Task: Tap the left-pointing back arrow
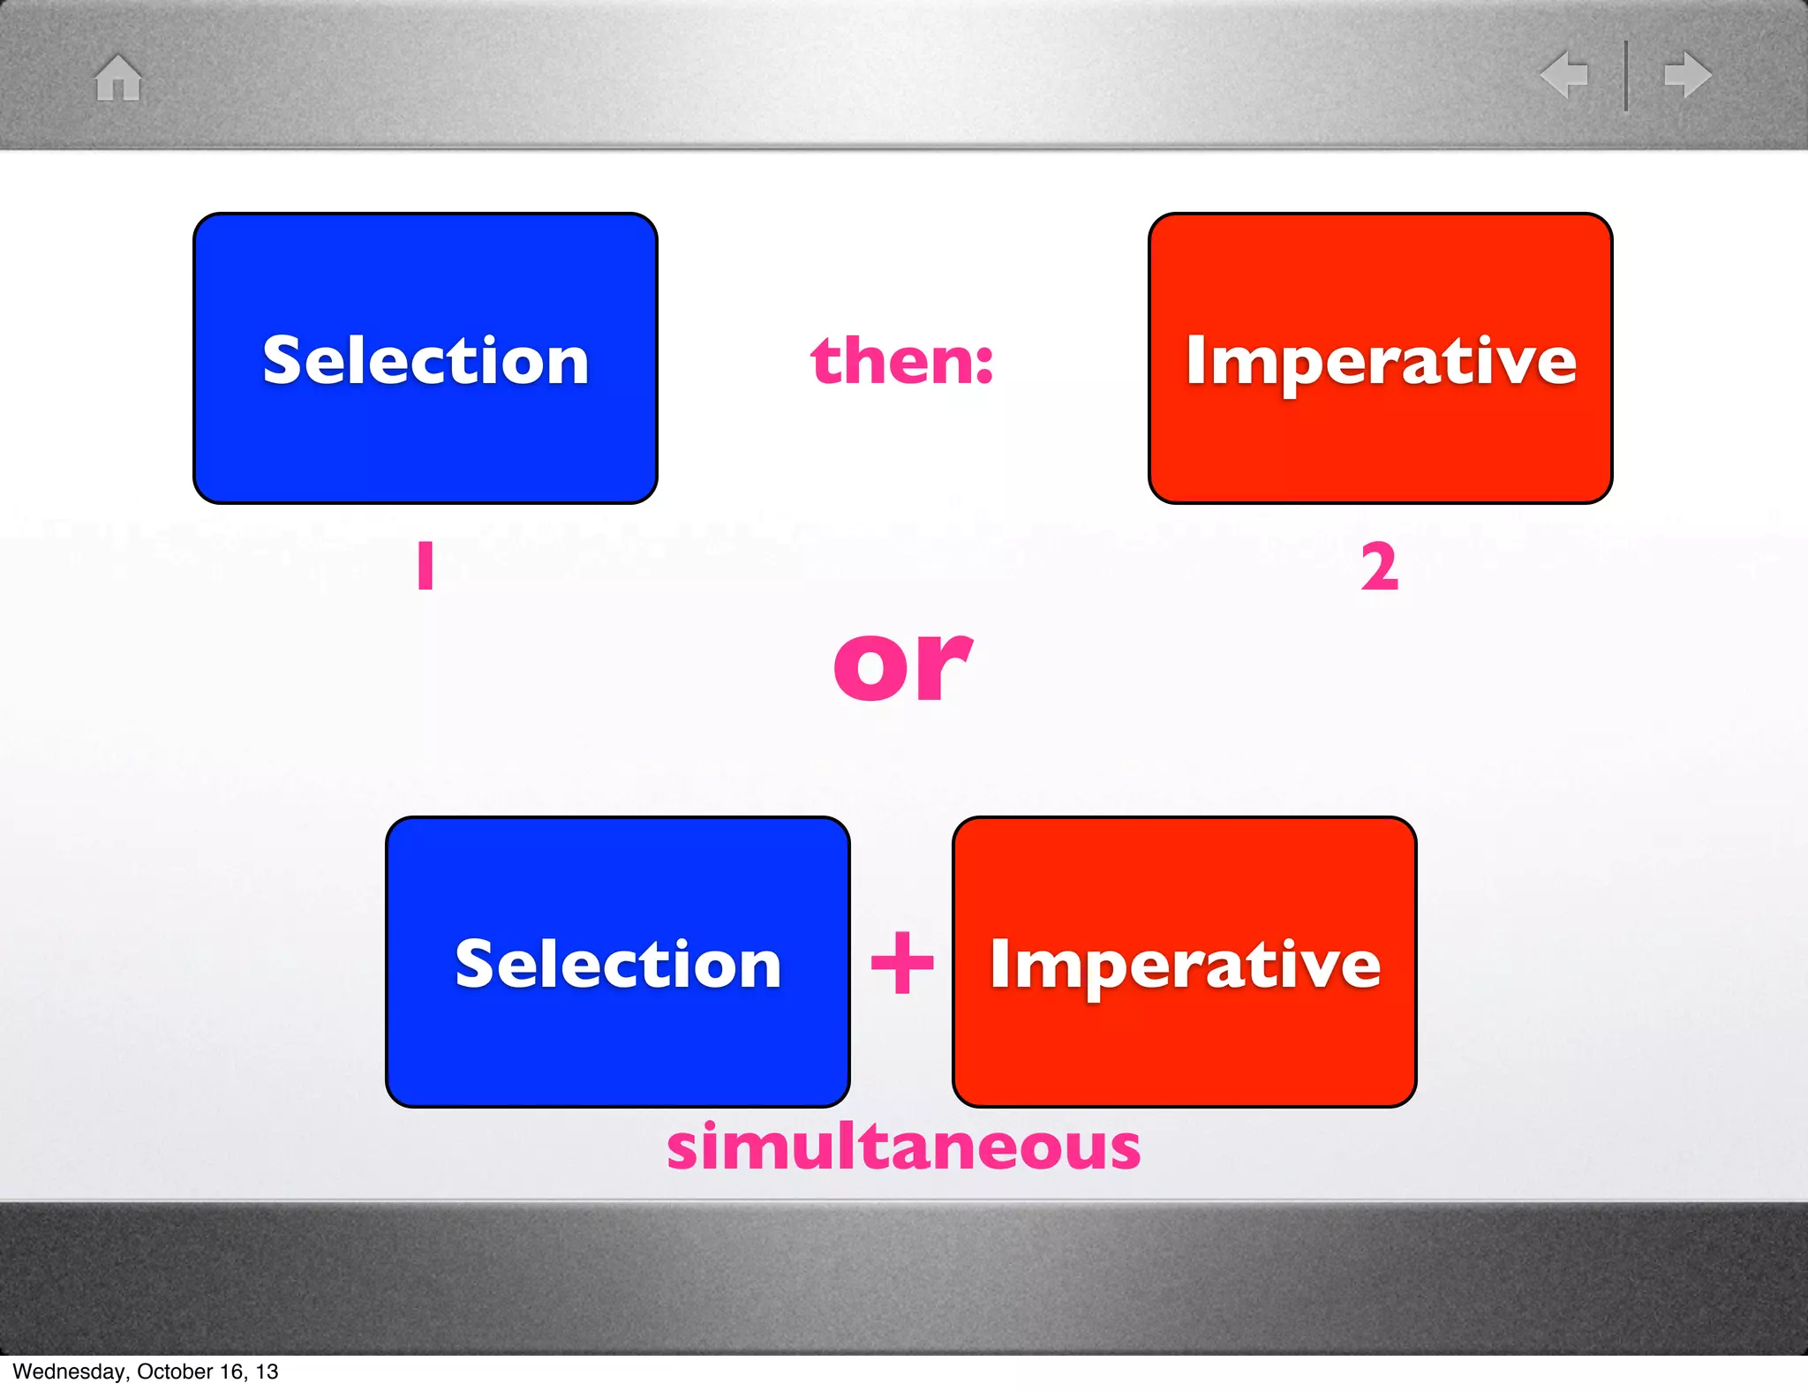(x=1564, y=74)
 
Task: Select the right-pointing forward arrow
(x=1687, y=74)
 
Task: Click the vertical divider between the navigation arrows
(x=1626, y=75)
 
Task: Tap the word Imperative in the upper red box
(x=1381, y=362)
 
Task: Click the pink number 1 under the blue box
(x=426, y=566)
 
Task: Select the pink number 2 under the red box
(x=1379, y=567)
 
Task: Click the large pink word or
(x=902, y=666)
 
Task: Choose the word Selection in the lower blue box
(x=618, y=964)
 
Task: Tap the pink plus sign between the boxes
(x=901, y=962)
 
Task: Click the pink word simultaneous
(x=903, y=1147)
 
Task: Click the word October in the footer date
(x=175, y=1372)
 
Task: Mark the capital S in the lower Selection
(x=473, y=963)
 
